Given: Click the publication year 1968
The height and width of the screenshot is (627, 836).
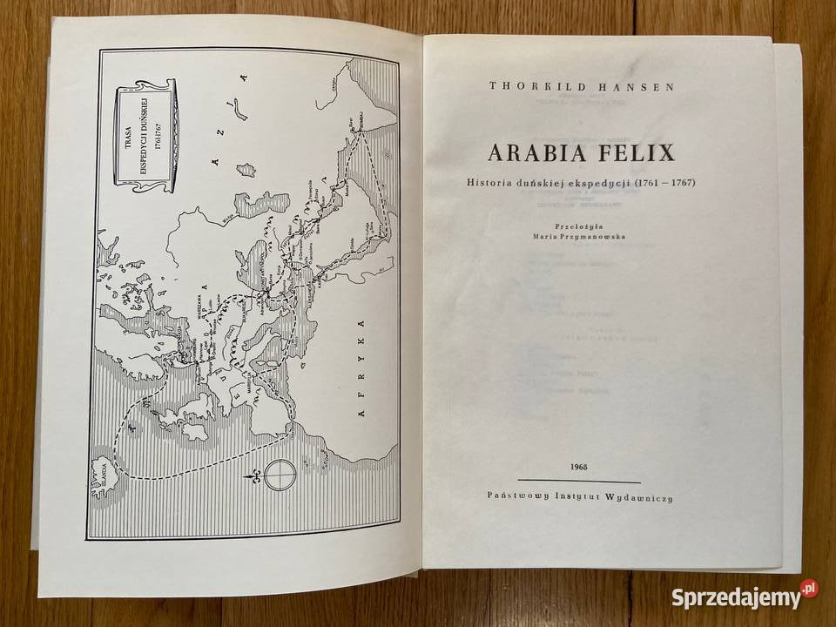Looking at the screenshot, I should tap(578, 467).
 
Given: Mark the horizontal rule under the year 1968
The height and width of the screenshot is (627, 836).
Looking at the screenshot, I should tap(578, 481).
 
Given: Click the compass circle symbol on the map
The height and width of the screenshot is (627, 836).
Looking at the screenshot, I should tap(281, 475).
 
